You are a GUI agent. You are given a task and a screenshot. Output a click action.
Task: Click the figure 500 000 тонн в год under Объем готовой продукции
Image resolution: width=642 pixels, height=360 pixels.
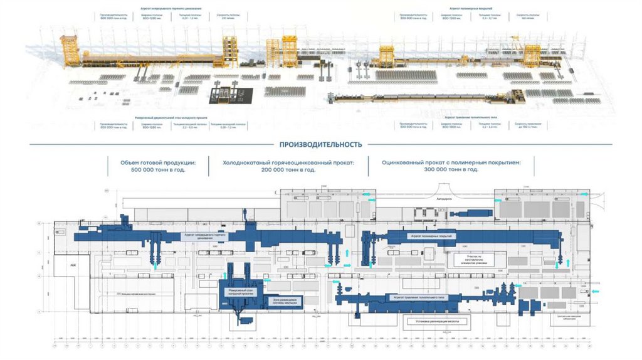pos(157,169)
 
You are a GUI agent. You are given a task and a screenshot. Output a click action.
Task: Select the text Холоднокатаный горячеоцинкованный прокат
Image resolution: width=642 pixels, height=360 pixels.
pos(288,162)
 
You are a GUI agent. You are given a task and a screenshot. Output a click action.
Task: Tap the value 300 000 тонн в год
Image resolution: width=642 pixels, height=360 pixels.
pos(451,169)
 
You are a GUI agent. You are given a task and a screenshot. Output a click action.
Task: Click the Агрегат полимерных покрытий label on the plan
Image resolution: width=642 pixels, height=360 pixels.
pos(431,236)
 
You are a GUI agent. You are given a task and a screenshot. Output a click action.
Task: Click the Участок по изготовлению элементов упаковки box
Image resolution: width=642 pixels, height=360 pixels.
pos(473,258)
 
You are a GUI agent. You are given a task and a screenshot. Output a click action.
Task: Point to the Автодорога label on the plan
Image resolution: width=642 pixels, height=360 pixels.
pos(443,199)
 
